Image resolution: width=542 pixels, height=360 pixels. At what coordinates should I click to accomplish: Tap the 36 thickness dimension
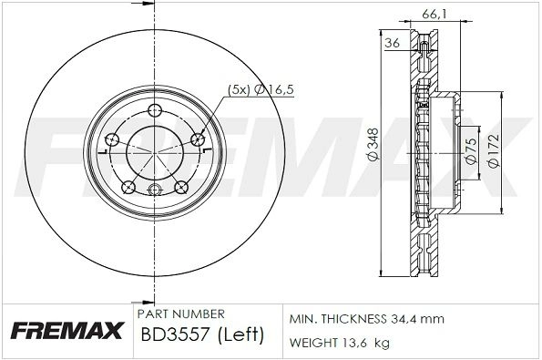(393, 43)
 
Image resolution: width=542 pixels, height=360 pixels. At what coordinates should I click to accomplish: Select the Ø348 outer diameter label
(373, 144)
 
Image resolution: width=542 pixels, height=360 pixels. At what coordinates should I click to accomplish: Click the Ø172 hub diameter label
(495, 150)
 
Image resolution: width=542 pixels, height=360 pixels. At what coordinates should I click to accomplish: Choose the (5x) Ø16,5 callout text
(261, 89)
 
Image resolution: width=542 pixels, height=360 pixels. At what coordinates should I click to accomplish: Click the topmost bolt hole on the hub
(155, 111)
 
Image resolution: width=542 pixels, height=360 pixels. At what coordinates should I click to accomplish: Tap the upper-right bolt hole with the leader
(198, 139)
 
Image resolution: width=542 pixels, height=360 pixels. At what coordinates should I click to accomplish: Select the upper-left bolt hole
(112, 139)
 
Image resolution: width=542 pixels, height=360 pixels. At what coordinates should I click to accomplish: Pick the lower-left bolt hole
(128, 187)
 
